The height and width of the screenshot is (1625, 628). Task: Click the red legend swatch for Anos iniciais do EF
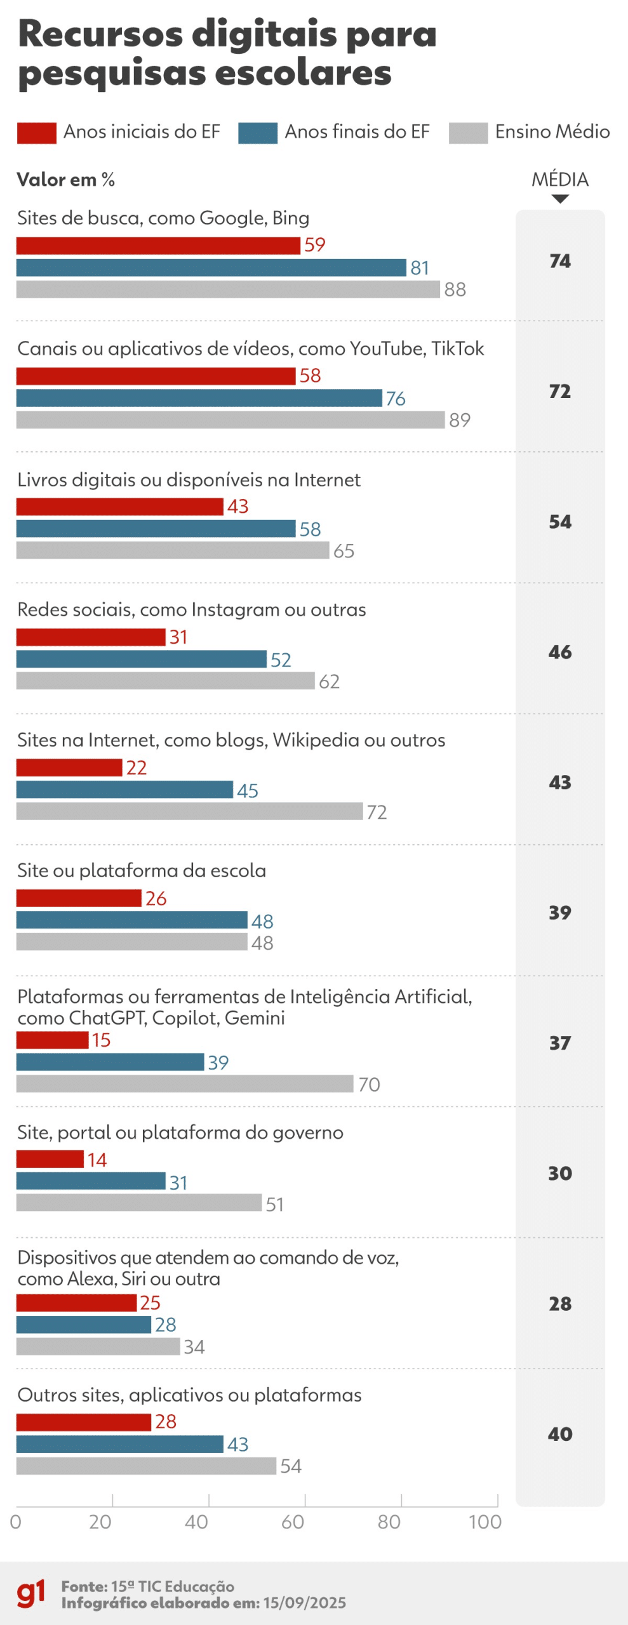tap(36, 133)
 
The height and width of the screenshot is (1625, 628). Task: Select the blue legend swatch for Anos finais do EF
tap(258, 133)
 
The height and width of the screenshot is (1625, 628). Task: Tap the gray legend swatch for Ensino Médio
tap(468, 133)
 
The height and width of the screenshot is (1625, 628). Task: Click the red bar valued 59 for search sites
tap(158, 246)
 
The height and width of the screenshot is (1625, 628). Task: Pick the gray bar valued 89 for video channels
tap(230, 420)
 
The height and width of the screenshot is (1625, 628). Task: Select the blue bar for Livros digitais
tap(156, 529)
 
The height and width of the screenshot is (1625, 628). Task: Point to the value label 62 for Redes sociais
tap(329, 682)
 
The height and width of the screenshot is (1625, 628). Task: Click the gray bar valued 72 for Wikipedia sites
tap(189, 811)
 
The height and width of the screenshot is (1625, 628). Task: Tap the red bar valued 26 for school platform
tap(79, 898)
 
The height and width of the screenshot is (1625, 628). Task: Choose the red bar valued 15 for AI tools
tap(52, 1040)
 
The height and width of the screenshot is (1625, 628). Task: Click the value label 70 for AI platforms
tap(369, 1084)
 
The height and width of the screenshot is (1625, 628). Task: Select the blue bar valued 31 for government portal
tap(91, 1181)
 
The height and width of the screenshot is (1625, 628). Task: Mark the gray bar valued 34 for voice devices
tap(98, 1346)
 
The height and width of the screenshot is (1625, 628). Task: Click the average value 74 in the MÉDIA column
tap(560, 261)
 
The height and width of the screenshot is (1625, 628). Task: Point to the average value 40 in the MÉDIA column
tap(560, 1433)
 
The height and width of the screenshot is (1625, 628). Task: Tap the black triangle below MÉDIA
tap(560, 199)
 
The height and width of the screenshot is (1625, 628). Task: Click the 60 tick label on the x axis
tap(293, 1522)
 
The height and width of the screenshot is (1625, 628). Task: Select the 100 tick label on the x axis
tap(485, 1522)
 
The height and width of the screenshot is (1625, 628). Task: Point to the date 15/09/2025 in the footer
tap(305, 1603)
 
